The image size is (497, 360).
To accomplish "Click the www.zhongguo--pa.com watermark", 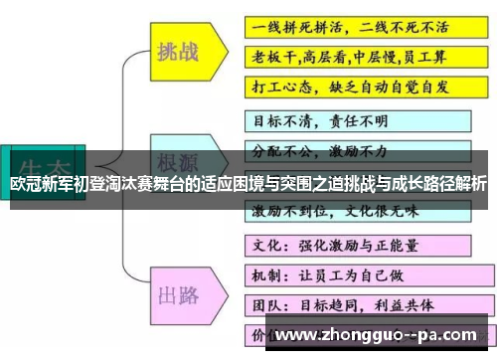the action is tap(383, 336).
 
